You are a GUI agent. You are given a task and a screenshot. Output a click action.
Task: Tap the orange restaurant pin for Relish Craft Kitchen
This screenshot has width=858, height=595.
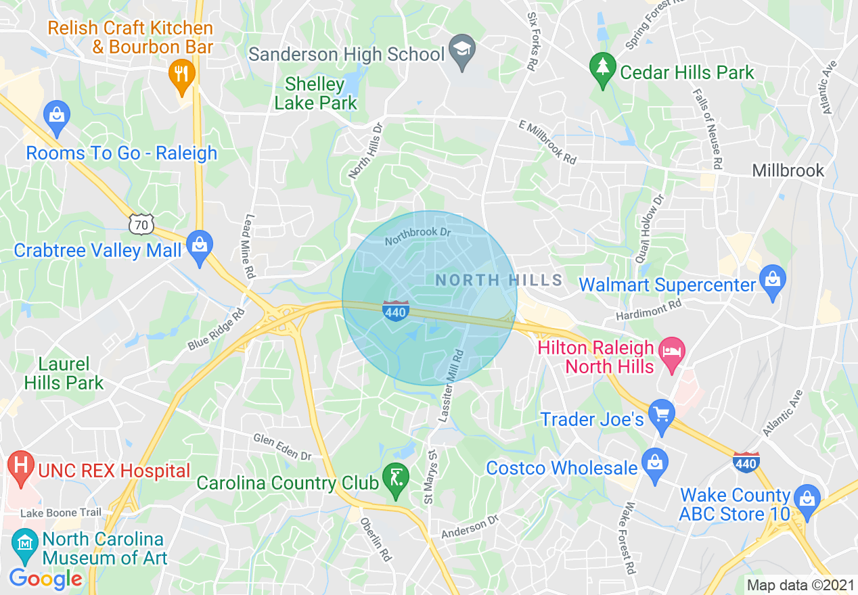click(x=181, y=73)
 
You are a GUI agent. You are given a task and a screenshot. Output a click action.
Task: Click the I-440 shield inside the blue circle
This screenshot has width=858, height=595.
click(x=395, y=310)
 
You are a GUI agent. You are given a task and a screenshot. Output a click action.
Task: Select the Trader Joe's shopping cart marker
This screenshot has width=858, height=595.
click(x=661, y=414)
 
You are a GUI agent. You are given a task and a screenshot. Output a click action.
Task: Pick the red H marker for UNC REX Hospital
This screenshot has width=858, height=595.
click(x=21, y=467)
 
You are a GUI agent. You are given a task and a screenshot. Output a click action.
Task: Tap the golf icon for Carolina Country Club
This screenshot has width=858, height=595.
click(x=397, y=479)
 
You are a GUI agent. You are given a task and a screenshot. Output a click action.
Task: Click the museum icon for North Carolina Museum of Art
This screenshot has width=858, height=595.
click(x=24, y=544)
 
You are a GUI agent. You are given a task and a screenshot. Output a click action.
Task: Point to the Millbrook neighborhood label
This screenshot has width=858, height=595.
click(x=788, y=170)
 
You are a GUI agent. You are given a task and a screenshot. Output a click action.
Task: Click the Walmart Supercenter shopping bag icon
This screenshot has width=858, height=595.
click(x=771, y=280)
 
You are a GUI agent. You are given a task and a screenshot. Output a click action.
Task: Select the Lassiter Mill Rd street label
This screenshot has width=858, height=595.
click(x=451, y=385)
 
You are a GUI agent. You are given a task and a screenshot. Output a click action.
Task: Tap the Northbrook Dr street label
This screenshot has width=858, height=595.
click(x=417, y=236)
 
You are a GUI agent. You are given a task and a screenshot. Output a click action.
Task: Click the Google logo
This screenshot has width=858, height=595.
click(x=45, y=579)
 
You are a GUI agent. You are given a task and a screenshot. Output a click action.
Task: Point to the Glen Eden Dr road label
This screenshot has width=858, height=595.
click(x=282, y=447)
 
